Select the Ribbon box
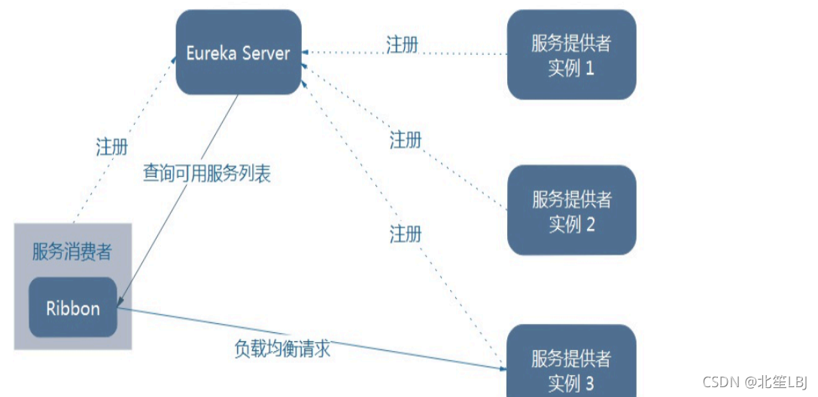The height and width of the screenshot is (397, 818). [x=73, y=307]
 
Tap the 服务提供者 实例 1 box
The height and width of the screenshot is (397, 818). [x=571, y=55]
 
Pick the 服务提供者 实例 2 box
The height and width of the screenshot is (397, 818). [x=571, y=210]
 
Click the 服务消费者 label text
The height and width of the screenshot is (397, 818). [x=72, y=252]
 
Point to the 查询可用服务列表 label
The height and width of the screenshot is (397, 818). [x=207, y=173]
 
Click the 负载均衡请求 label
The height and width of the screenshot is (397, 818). [x=282, y=350]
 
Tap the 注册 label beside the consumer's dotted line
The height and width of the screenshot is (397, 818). [x=112, y=147]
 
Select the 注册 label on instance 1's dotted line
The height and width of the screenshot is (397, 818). [x=403, y=44]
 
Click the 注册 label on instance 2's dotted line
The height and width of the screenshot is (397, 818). [x=406, y=139]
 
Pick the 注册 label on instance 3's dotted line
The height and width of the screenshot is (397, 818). [x=406, y=234]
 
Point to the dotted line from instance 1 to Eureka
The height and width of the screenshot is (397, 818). [x=452, y=53]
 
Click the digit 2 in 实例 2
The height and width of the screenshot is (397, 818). [x=591, y=224]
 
